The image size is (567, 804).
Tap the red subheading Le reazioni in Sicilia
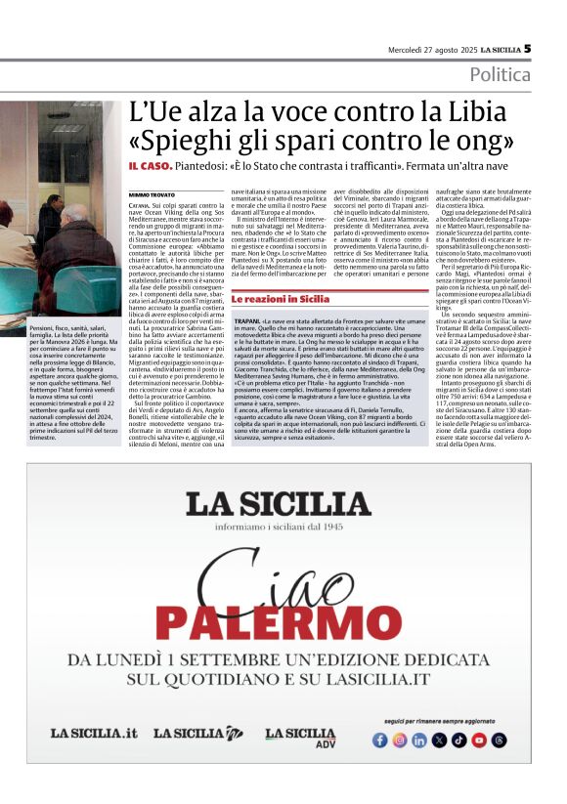point(281,271)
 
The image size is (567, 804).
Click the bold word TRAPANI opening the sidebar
point(247,293)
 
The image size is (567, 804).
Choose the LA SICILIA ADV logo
point(300,737)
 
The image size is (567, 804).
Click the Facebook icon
point(380,740)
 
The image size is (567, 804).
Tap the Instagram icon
point(400,740)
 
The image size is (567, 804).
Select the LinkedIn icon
point(419,740)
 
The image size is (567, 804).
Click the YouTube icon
point(479,740)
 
